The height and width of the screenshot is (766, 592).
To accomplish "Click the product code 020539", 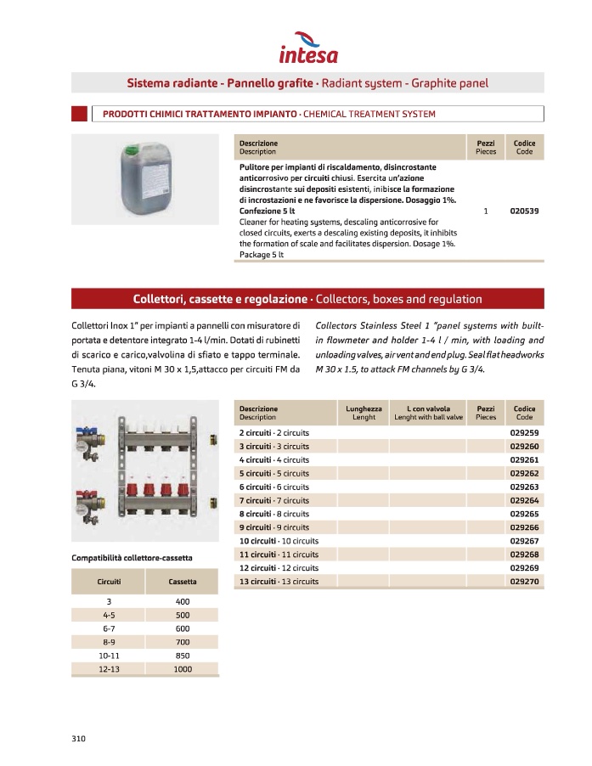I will tap(525, 211).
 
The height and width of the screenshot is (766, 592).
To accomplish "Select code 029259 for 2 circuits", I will tap(525, 433).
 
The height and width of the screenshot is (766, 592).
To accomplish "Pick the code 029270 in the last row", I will tap(525, 582).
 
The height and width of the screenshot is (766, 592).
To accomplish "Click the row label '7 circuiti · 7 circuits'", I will tap(273, 501).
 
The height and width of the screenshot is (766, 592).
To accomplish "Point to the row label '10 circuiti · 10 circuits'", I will tap(279, 541).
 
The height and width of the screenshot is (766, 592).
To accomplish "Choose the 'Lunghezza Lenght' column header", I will tap(364, 413).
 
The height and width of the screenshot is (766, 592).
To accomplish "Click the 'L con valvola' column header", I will tap(428, 413).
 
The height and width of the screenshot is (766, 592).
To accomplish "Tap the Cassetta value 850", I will tap(182, 656).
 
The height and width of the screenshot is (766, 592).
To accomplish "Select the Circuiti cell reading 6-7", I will tap(109, 628).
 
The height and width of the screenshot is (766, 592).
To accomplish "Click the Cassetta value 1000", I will tap(182, 670).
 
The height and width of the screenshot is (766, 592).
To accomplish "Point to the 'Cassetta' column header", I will tap(182, 582).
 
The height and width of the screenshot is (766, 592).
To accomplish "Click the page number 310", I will tap(79, 738).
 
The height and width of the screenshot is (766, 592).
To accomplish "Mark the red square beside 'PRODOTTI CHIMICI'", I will tap(79, 114).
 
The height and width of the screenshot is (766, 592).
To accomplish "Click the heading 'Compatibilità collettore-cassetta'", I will tap(132, 557).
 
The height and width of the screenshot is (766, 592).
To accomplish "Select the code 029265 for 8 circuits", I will tap(525, 514).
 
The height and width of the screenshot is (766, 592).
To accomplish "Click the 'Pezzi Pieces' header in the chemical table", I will tap(486, 148).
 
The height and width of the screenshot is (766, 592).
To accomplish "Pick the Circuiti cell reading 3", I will tap(109, 601).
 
